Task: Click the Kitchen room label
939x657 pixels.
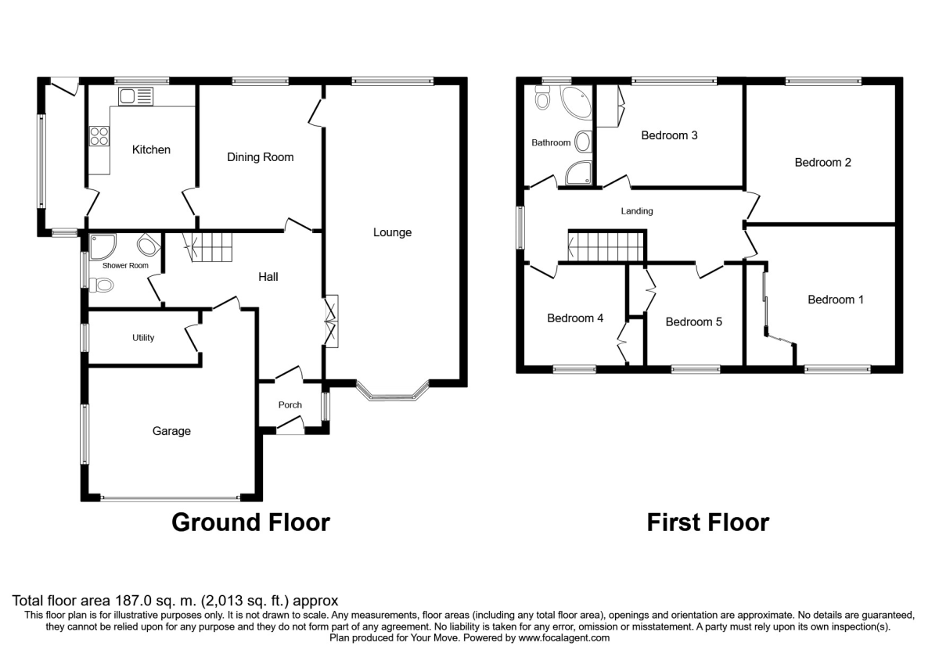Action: pyautogui.click(x=151, y=149)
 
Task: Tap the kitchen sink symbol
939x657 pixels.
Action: pyautogui.click(x=136, y=96)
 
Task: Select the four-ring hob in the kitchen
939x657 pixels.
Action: pyautogui.click(x=100, y=137)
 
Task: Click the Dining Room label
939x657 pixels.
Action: pyautogui.click(x=260, y=157)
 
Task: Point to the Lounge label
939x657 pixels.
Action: pyautogui.click(x=392, y=232)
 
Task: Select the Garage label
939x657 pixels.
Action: pyautogui.click(x=171, y=431)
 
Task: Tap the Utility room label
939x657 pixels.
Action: pyautogui.click(x=143, y=338)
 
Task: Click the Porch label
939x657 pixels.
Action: pyautogui.click(x=290, y=405)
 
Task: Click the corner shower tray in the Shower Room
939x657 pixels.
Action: pyautogui.click(x=101, y=247)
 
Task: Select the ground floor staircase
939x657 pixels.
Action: pyautogui.click(x=208, y=249)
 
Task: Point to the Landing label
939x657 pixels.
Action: pyautogui.click(x=637, y=211)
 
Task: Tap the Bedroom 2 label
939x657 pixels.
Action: pyautogui.click(x=822, y=163)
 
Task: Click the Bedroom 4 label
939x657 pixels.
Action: pyautogui.click(x=575, y=318)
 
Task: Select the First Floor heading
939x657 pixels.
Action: pyautogui.click(x=707, y=522)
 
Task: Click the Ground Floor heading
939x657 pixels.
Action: pyautogui.click(x=250, y=522)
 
